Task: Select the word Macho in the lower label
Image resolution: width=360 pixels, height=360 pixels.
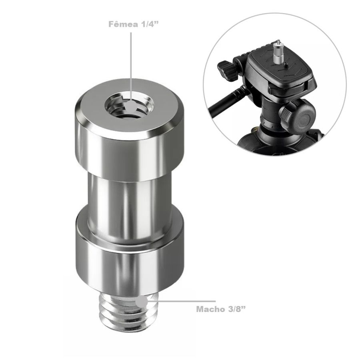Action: click(210, 309)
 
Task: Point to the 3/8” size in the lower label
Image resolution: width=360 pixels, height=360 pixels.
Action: click(235, 309)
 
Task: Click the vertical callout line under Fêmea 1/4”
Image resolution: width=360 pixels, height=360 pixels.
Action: click(131, 60)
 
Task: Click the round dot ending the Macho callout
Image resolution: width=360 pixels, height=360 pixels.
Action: click(141, 301)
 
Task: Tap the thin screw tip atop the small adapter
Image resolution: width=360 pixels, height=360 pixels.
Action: click(276, 41)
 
